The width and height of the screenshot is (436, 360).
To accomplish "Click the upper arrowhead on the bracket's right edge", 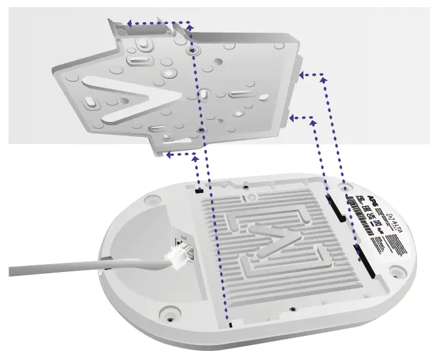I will (302, 76).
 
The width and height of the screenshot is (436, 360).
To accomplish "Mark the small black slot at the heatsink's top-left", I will (198, 192).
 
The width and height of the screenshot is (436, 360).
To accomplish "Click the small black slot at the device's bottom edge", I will (230, 324).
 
